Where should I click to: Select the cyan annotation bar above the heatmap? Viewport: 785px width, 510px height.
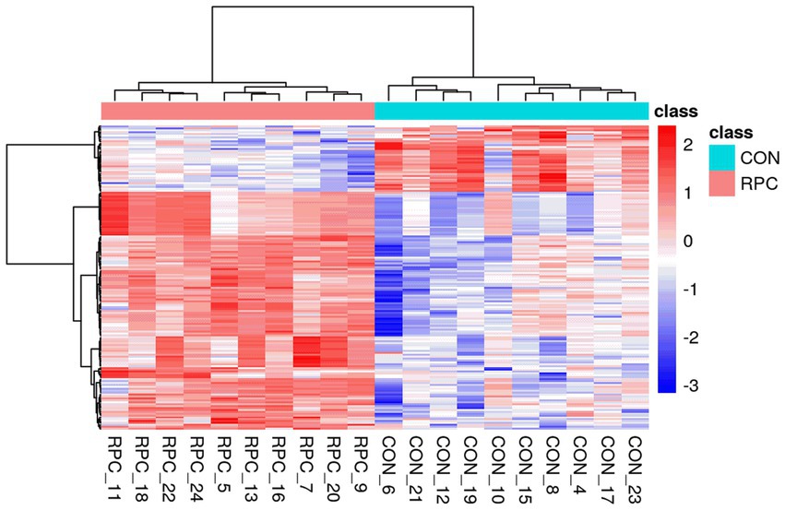coord(512,111)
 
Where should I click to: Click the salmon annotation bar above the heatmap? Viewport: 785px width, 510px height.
coord(237,111)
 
